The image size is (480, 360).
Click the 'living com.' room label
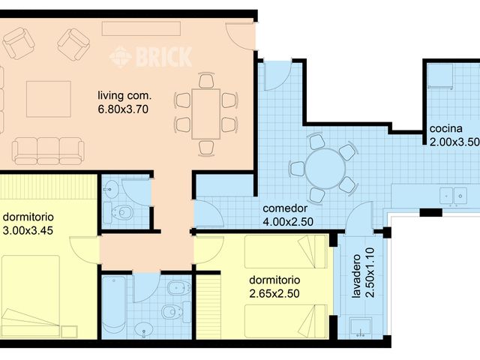(x=124, y=95)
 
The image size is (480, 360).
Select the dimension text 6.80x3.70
(x=124, y=109)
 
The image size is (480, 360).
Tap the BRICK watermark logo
(x=150, y=56)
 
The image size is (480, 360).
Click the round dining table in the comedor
(x=326, y=168)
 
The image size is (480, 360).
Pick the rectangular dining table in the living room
(x=205, y=112)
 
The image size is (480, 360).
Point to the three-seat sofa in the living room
(x=47, y=150)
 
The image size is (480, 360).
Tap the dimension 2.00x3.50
(x=454, y=141)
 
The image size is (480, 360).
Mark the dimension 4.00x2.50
(x=288, y=221)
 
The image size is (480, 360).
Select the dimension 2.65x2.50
(x=274, y=293)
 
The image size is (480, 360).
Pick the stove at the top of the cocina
(x=441, y=75)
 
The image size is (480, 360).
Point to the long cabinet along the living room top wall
(x=142, y=28)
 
